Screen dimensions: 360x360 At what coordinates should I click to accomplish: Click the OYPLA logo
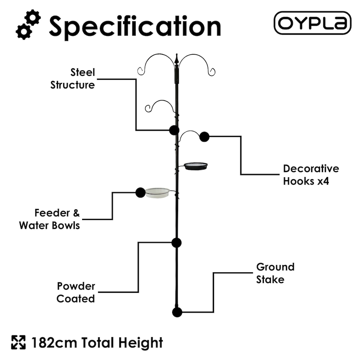coord(312,23)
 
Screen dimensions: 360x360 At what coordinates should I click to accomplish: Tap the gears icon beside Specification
coord(28,25)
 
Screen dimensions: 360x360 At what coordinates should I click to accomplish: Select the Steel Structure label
coord(73,78)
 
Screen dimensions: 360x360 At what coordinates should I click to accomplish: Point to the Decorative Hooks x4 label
coord(311,175)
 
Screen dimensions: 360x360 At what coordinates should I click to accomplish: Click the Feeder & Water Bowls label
coord(49,219)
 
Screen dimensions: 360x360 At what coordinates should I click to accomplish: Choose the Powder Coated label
coord(76,292)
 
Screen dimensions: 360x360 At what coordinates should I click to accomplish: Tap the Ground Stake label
coord(275,273)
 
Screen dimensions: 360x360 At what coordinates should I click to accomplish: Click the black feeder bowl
coord(196,166)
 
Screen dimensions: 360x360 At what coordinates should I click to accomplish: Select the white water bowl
coord(157,192)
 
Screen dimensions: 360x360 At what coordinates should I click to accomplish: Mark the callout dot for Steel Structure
coord(174,130)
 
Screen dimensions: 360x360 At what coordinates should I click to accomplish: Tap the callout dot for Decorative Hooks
coord(204,136)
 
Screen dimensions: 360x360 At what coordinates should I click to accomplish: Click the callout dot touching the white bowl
coord(140,192)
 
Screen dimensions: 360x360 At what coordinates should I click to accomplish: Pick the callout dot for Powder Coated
coord(177,242)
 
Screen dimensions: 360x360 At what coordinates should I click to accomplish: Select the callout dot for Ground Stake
coord(177,312)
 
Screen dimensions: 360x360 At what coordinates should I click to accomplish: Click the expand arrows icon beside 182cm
coord(18,342)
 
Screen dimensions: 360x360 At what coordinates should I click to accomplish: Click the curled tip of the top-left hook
coord(141,71)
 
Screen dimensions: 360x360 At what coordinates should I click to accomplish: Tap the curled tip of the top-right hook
coord(212,72)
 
